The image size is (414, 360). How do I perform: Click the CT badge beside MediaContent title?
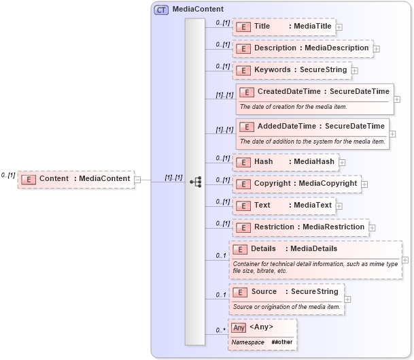coord(162,10)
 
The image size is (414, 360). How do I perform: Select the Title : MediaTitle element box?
coord(283,27)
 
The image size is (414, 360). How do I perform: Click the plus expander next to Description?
coord(376,49)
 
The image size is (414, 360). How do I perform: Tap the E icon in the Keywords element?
coord(243,70)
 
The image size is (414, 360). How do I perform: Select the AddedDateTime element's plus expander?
coord(392,134)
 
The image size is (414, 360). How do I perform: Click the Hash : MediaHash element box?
coord(286,163)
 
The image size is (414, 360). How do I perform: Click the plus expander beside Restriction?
coord(372,227)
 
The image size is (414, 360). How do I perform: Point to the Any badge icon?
coord(238,327)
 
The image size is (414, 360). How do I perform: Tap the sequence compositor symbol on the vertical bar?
coord(195,182)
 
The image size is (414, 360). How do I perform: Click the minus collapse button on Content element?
coord(137,180)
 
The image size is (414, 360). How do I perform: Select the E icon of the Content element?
coord(28,179)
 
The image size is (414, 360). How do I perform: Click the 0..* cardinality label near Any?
coord(220,331)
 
